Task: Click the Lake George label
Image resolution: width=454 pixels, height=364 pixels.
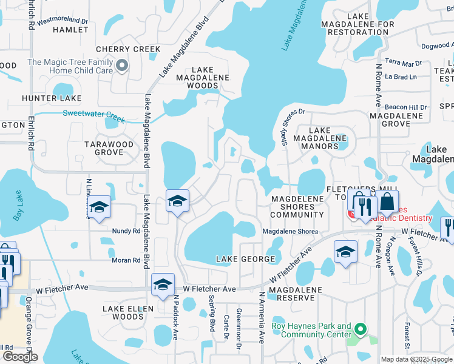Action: (x=246, y=259)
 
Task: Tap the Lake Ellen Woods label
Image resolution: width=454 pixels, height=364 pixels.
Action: (x=123, y=312)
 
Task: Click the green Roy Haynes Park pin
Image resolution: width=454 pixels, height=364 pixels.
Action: (x=360, y=330)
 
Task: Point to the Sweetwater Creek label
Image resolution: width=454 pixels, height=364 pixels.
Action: (x=93, y=113)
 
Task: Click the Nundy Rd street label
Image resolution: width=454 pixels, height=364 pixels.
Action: (x=126, y=231)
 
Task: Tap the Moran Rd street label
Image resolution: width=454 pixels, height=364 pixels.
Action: (x=126, y=260)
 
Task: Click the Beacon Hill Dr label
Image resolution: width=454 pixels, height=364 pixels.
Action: (x=405, y=107)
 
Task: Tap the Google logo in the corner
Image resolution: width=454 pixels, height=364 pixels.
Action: (x=20, y=356)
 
